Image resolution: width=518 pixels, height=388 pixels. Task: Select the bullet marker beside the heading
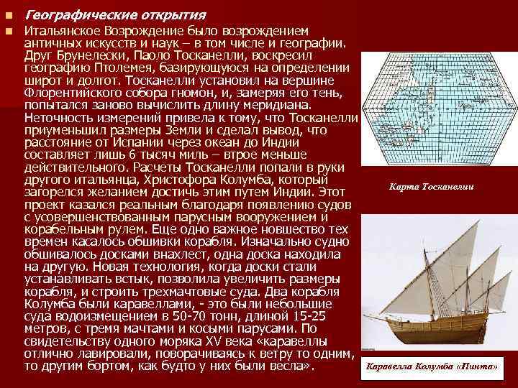tap(8, 14)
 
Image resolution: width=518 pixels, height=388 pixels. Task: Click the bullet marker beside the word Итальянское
tap(8, 32)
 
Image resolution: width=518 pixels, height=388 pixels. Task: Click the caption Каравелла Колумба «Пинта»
tap(432, 366)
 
